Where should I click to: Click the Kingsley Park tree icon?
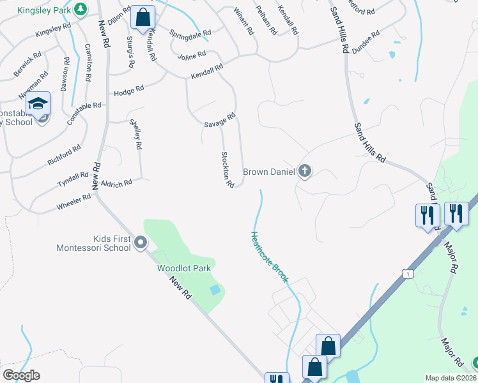80,9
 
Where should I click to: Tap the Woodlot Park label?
184,268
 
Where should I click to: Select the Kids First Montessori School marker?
141,243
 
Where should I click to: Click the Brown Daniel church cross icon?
305,171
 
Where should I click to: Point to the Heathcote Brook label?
270,257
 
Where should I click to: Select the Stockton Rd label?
227,169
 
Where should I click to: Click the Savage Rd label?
220,120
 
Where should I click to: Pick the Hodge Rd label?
128,93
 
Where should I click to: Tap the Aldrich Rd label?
116,184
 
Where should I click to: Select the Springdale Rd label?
190,33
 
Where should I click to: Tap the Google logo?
21,375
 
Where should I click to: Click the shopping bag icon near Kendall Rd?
143,18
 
